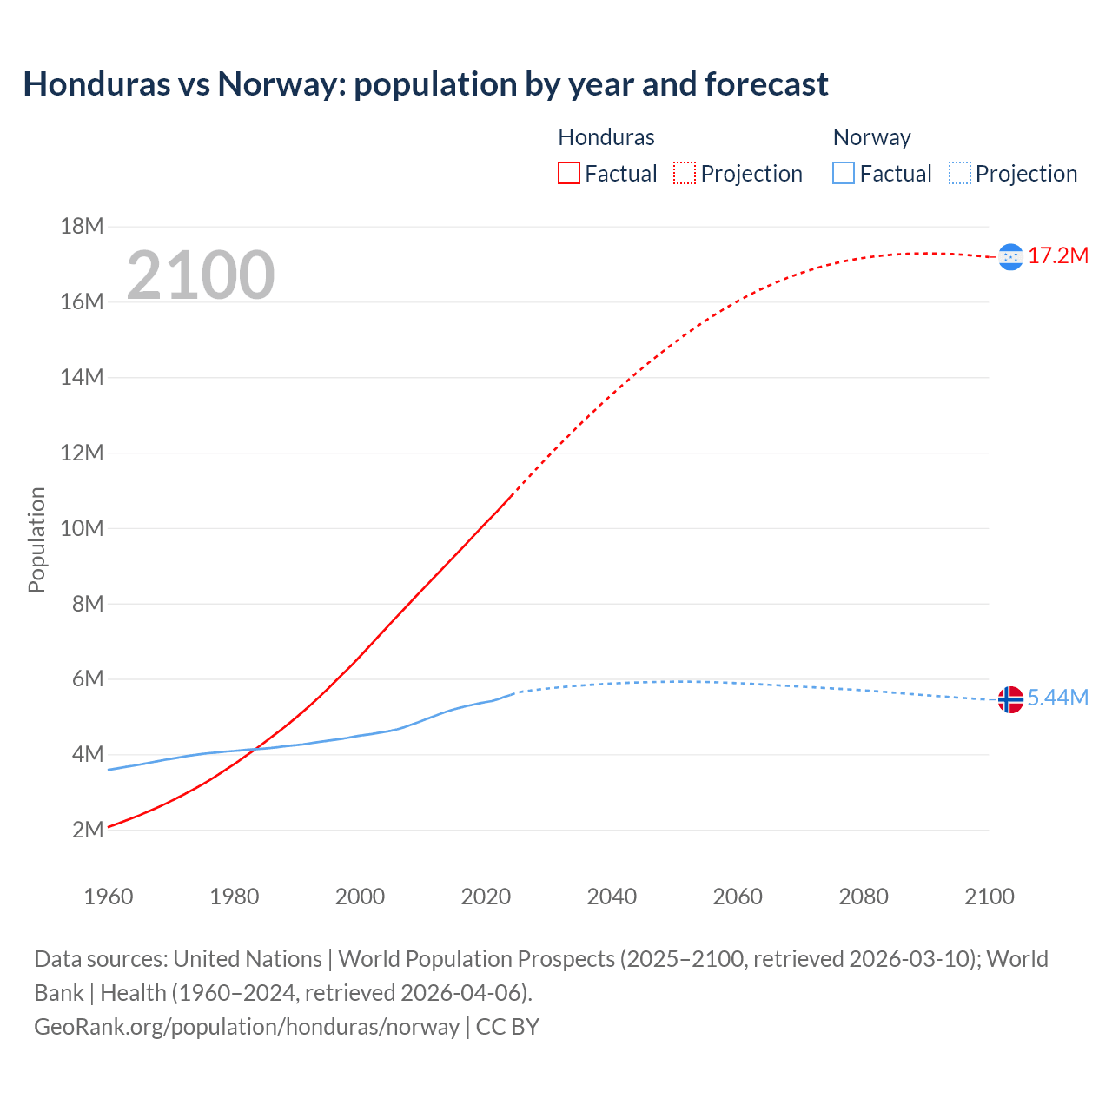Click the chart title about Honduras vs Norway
click(426, 84)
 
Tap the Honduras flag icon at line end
click(1010, 256)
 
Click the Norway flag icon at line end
click(1010, 698)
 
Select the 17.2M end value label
click(1057, 255)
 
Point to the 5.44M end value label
click(1057, 698)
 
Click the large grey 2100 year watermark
click(201, 275)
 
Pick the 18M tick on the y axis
click(82, 227)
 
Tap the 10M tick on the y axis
click(82, 528)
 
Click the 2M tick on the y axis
click(87, 830)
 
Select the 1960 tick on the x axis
click(109, 897)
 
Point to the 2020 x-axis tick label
click(486, 897)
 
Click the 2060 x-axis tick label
click(738, 897)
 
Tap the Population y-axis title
click(36, 539)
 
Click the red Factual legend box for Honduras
click(569, 174)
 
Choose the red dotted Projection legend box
click(685, 174)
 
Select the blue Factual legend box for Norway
click(844, 174)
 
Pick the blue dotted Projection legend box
click(959, 174)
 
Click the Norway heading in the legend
click(871, 137)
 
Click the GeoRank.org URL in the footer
click(247, 1027)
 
